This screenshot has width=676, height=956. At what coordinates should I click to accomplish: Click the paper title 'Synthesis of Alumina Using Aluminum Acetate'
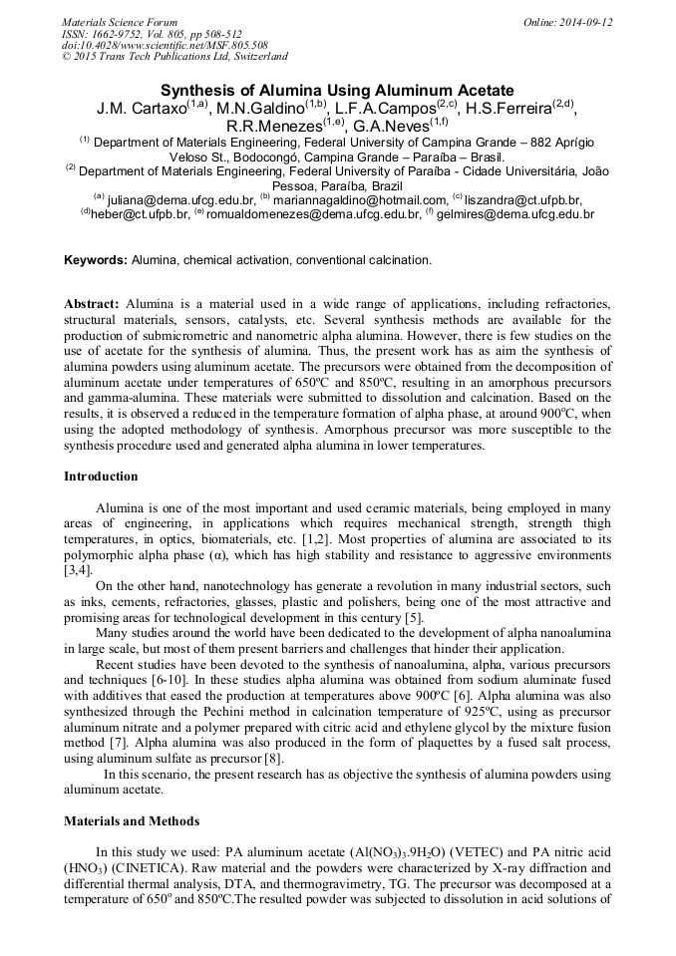coord(337,90)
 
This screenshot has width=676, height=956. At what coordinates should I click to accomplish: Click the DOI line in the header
coord(164,45)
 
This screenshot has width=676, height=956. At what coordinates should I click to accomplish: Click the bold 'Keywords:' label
coord(96,260)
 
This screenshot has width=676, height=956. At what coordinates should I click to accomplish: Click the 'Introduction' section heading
coord(101,477)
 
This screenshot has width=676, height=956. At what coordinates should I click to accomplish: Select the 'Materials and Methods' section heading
coord(132,820)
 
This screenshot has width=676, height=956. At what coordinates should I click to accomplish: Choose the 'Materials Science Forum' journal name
coord(120,21)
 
